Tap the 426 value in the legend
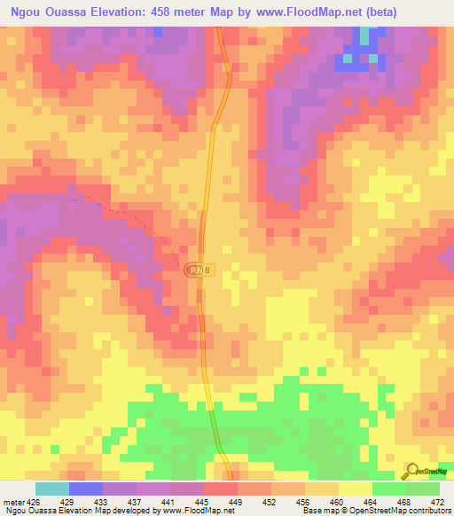pos(34,501)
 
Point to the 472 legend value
pos(438,501)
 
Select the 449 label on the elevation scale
pos(236,501)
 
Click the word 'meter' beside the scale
pos(13,501)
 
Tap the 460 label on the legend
pos(337,501)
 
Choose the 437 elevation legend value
pos(135,501)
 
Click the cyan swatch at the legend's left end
pos(51,489)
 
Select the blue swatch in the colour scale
pos(85,489)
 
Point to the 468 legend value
pos(404,501)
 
